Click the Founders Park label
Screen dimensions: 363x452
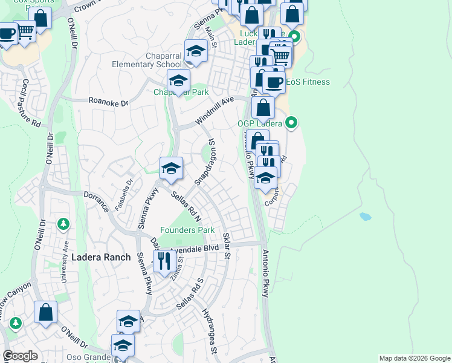[187, 231]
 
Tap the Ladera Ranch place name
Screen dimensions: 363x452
[101, 257]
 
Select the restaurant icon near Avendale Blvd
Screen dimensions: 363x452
[164, 261]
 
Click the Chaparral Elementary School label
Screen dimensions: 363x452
[147, 65]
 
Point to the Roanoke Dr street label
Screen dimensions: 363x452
[109, 103]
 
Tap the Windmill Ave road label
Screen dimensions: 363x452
[214, 112]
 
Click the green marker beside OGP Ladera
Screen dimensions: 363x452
[291, 123]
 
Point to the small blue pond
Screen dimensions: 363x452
[365, 216]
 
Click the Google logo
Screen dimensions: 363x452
[21, 356]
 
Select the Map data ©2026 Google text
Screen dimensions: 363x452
[414, 358]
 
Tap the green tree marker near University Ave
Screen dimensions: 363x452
[63, 225]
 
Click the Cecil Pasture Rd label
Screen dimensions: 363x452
[31, 103]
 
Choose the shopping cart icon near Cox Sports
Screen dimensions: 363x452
[25, 31]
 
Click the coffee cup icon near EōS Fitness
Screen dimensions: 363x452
[274, 83]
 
